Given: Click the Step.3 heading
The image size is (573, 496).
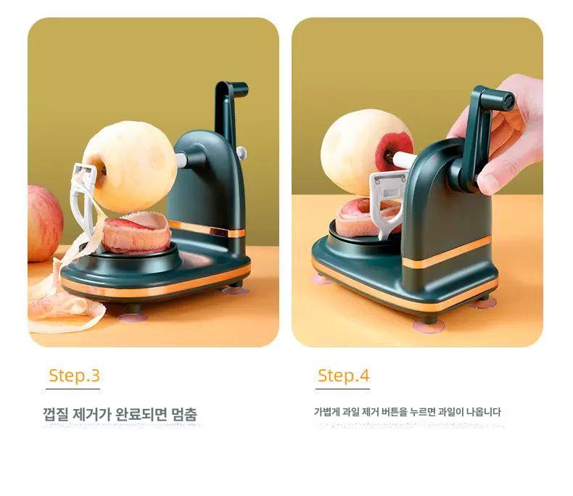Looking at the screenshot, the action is tap(74, 376).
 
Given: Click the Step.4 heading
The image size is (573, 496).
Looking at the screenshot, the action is tap(344, 376).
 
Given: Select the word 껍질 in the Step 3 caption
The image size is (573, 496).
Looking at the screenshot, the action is tap(56, 415).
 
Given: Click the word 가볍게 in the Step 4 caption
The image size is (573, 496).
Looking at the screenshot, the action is tap(326, 413).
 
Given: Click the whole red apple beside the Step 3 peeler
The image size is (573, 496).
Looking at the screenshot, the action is tap(45, 223).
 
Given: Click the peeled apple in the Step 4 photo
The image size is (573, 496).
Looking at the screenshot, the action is tap(360, 152).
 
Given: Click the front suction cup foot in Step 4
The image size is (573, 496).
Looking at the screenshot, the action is tap(428, 325).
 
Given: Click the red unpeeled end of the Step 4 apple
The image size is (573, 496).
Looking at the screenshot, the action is tap(394, 151).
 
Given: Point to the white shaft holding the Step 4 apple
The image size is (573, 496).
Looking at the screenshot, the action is tap(403, 160).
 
